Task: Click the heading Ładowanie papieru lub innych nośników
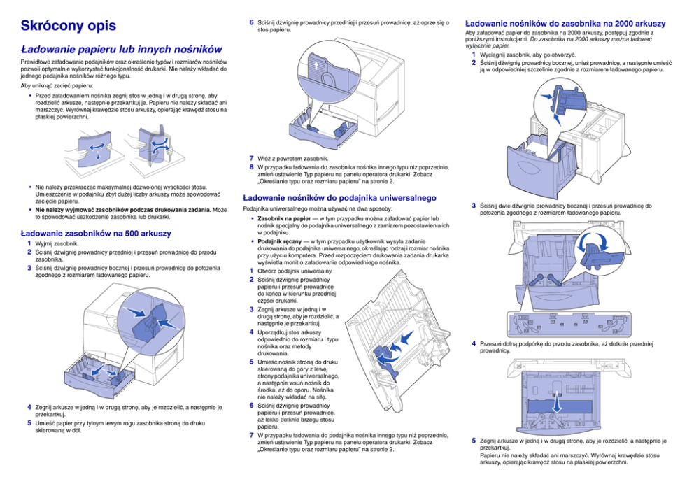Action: [122, 50]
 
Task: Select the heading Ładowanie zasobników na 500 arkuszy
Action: [96, 233]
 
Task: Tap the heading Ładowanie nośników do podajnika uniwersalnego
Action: [339, 198]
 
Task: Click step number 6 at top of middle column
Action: [252, 22]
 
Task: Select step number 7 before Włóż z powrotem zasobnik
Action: [252, 158]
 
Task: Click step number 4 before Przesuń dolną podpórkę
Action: [474, 343]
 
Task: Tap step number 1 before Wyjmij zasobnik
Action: [29, 243]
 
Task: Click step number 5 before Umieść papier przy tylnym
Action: [29, 423]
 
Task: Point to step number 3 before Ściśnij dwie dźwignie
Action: [474, 206]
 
